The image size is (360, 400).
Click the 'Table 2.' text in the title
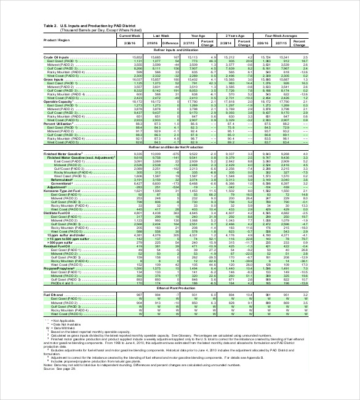(x=51, y=25)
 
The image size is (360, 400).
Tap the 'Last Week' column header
(x=161, y=36)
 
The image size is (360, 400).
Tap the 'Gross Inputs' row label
(x=54, y=79)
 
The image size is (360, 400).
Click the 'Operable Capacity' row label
(x=58, y=102)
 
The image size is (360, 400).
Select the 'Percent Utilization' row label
(x=58, y=124)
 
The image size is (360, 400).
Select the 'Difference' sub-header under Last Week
(x=170, y=44)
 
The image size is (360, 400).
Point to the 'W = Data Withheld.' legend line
(x=62, y=327)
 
